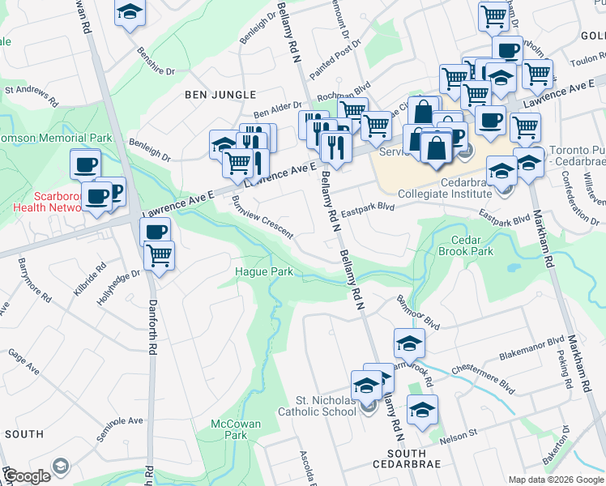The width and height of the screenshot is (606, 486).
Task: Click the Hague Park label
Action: tap(264, 271)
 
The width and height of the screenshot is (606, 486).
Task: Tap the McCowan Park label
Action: tap(229, 429)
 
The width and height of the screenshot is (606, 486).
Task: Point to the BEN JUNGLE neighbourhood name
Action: tap(220, 95)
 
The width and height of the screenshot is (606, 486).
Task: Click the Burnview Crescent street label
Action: tap(262, 216)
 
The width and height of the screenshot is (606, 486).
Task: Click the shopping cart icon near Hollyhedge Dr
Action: tap(160, 255)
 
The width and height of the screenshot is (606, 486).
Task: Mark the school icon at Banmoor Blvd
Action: tap(409, 343)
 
